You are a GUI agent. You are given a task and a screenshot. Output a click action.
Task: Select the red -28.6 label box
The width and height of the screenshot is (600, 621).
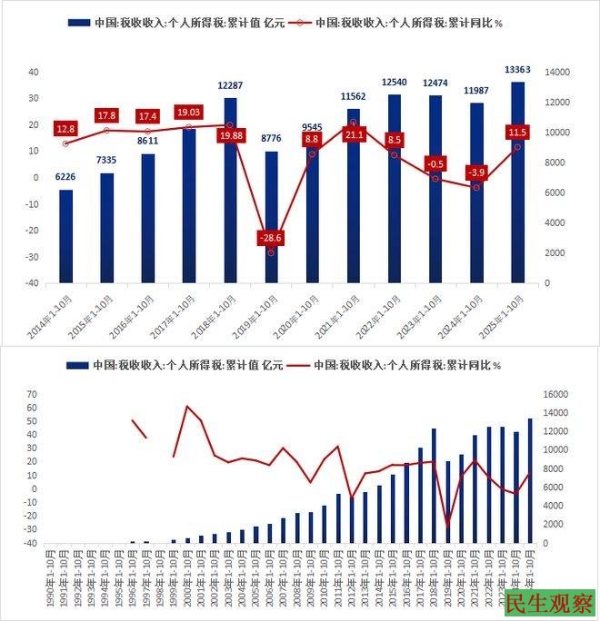click(271, 238)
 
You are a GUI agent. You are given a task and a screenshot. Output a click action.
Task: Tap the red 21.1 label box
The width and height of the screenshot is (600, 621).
click(353, 135)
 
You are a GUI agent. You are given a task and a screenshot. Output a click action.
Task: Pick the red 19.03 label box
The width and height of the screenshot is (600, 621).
click(189, 111)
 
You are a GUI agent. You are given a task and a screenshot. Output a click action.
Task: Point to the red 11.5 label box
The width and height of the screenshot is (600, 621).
click(517, 133)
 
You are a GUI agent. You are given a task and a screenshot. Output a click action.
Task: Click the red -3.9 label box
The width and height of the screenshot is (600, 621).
click(475, 172)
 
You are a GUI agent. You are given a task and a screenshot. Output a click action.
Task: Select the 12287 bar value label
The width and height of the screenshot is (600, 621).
click(230, 85)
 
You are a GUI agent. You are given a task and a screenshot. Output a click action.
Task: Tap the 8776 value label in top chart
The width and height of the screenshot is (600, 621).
click(271, 140)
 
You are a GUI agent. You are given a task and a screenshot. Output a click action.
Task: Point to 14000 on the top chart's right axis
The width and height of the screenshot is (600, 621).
click(556, 72)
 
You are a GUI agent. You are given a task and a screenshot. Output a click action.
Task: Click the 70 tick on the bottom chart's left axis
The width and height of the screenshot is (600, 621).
click(31, 394)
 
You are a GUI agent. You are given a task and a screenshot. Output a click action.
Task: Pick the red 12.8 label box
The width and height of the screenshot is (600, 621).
click(65, 129)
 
